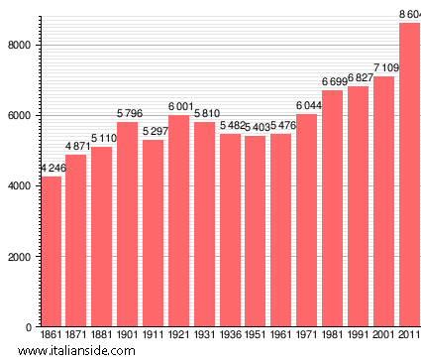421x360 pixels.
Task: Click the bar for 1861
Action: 51,252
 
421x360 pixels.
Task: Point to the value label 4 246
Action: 51,169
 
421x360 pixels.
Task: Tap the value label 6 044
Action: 306,106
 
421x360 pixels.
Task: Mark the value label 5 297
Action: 153,132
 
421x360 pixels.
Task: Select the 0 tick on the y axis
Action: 30,327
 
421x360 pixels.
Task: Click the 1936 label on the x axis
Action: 230,336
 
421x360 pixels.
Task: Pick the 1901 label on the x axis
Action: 128,336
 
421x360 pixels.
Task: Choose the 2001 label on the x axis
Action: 383,336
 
